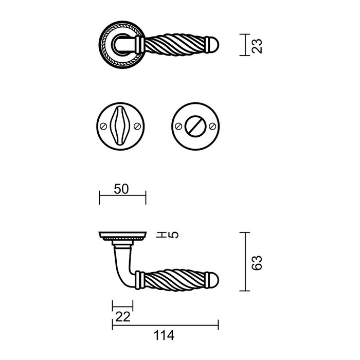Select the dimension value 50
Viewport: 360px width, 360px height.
click(121, 189)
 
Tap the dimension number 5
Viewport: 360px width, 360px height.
click(174, 235)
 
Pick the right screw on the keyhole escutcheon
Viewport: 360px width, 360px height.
click(137, 126)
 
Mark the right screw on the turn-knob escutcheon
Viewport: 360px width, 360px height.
click(211, 126)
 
